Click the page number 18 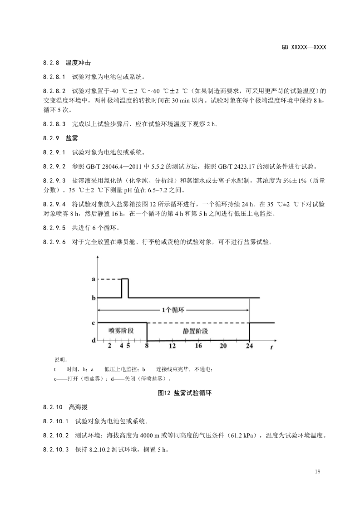click(317, 472)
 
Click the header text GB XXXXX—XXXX click(304, 47)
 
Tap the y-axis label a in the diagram click(94, 279)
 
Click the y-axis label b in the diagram click(94, 298)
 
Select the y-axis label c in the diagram click(94, 323)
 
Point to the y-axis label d click(94, 340)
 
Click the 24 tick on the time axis click(249, 346)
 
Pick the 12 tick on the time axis click(173, 346)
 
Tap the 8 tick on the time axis click(147, 346)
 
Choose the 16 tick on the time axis click(198, 346)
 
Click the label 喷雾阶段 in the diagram click(121, 331)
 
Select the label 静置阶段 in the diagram click(196, 331)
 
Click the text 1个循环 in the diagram click(173, 310)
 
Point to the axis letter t click(271, 348)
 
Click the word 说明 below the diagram click(60, 360)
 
